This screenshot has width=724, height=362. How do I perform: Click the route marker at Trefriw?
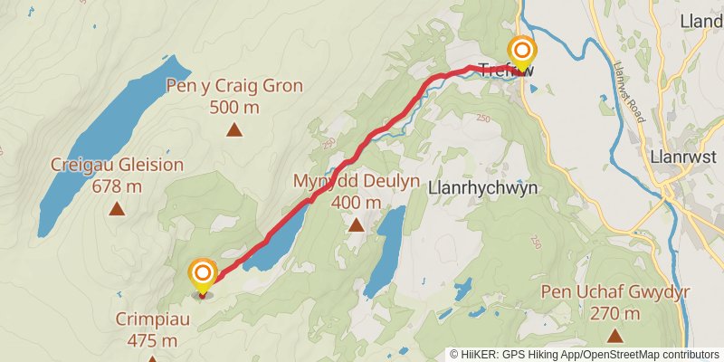point(522,50)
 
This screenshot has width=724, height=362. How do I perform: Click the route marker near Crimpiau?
point(203,273)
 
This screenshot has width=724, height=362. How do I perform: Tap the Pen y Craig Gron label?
point(234,87)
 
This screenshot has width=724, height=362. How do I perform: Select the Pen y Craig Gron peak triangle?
point(234,129)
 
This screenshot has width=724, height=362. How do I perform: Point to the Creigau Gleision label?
point(117,165)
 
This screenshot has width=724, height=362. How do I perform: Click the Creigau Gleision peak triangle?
point(117,209)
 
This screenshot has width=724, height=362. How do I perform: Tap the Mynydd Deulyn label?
point(357,181)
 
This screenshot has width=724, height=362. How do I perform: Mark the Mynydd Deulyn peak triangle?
point(357,224)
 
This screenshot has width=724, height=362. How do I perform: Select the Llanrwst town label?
point(684,157)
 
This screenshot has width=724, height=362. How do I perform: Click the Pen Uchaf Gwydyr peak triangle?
point(614,336)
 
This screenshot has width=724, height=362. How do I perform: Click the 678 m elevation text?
point(117,186)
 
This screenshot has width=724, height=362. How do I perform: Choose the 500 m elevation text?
point(234,108)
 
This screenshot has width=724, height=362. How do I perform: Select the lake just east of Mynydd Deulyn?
point(388,244)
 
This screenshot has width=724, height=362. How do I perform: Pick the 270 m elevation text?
point(614,314)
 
